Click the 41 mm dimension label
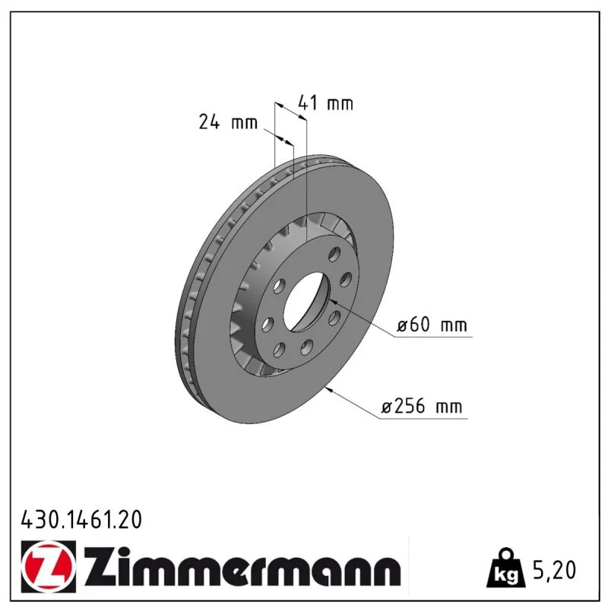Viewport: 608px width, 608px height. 325,103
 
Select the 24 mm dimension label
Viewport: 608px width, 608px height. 228,122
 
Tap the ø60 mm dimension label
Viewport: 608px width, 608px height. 432,325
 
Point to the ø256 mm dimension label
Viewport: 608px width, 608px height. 422,407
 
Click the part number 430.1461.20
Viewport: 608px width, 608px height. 81,520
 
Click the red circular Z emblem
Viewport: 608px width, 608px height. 48,567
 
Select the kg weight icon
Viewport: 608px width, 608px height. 506,568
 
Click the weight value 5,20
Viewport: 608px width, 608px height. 555,570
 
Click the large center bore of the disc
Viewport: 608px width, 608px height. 306,302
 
